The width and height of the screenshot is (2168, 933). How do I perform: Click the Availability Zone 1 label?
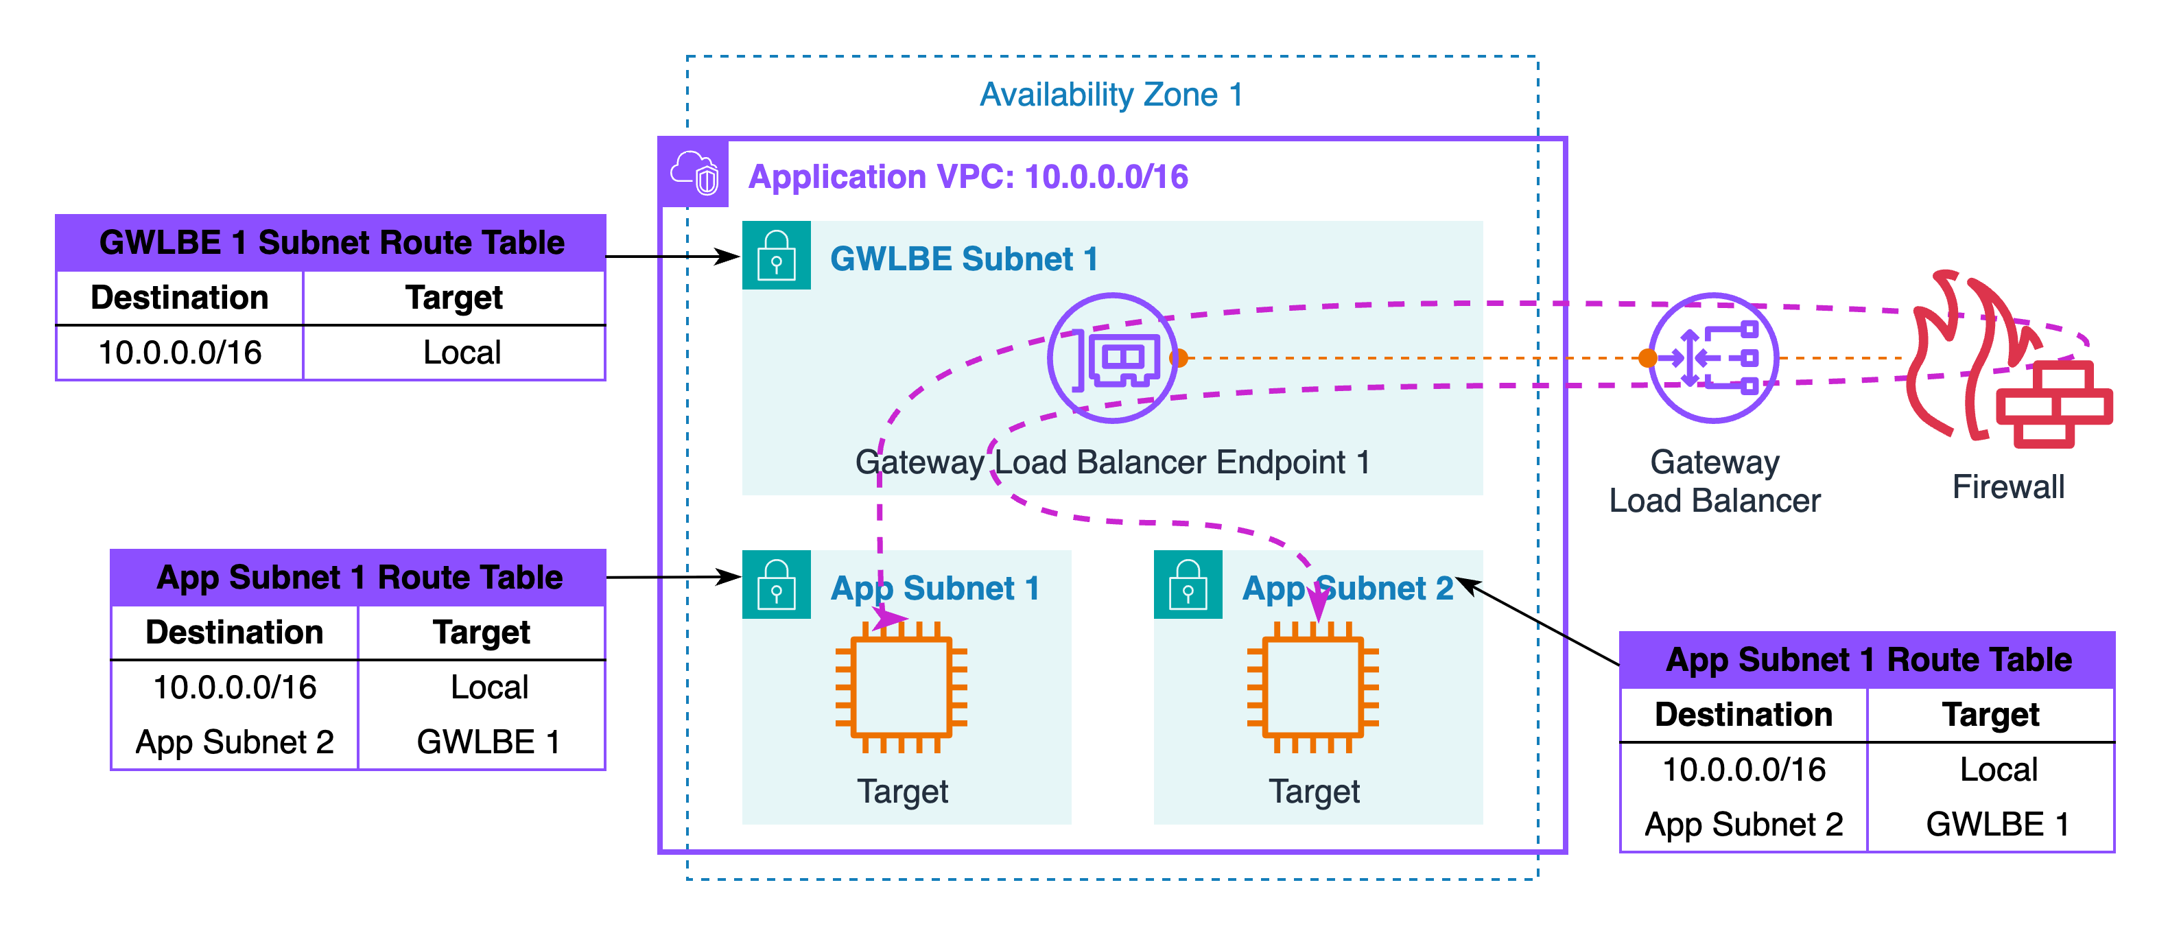pos(1111,95)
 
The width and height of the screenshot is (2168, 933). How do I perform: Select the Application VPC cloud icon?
pos(694,172)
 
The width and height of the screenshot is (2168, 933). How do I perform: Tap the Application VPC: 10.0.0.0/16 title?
pos(968,177)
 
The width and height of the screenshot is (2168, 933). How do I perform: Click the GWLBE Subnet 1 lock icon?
pos(776,255)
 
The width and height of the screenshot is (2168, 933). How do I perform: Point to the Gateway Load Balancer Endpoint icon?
pos(1113,357)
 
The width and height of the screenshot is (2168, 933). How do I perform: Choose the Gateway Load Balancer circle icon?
pos(1715,357)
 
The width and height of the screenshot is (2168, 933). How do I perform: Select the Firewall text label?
pos(2008,487)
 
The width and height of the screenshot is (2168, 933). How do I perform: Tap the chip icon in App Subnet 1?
pos(902,687)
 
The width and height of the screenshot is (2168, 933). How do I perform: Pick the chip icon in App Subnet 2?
pos(1313,687)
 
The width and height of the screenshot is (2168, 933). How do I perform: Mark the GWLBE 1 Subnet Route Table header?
pos(331,242)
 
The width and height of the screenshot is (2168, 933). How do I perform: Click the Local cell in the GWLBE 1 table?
pos(461,353)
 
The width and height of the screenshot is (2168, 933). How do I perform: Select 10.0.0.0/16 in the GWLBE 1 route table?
pos(180,353)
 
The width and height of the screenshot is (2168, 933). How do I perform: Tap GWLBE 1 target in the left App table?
pos(487,742)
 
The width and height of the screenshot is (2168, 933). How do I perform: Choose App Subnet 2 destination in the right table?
pos(1743,825)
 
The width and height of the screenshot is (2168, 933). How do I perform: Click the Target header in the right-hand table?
pos(1990,715)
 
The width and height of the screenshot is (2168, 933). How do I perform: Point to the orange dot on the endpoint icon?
pos(1179,358)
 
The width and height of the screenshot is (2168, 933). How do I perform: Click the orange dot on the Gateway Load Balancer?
pos(1648,358)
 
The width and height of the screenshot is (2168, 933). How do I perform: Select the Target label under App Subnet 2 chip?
pos(1314,792)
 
